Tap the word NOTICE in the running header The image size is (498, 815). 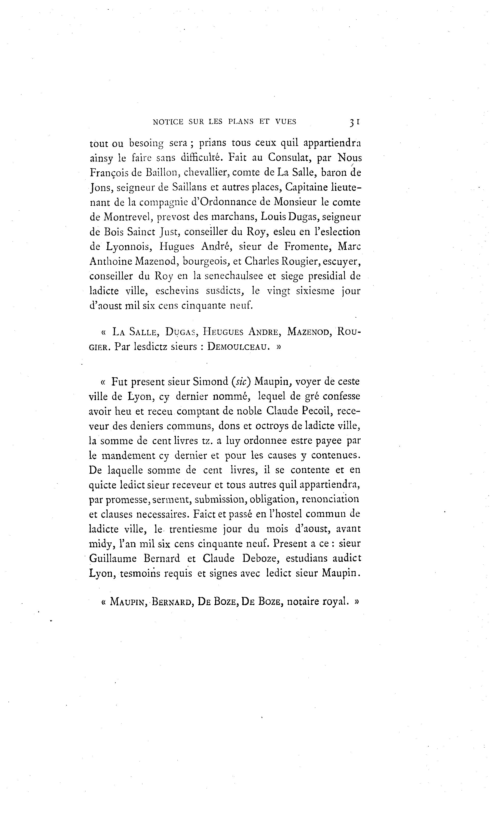168,122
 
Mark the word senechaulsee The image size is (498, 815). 234,276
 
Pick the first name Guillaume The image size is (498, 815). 113,559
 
